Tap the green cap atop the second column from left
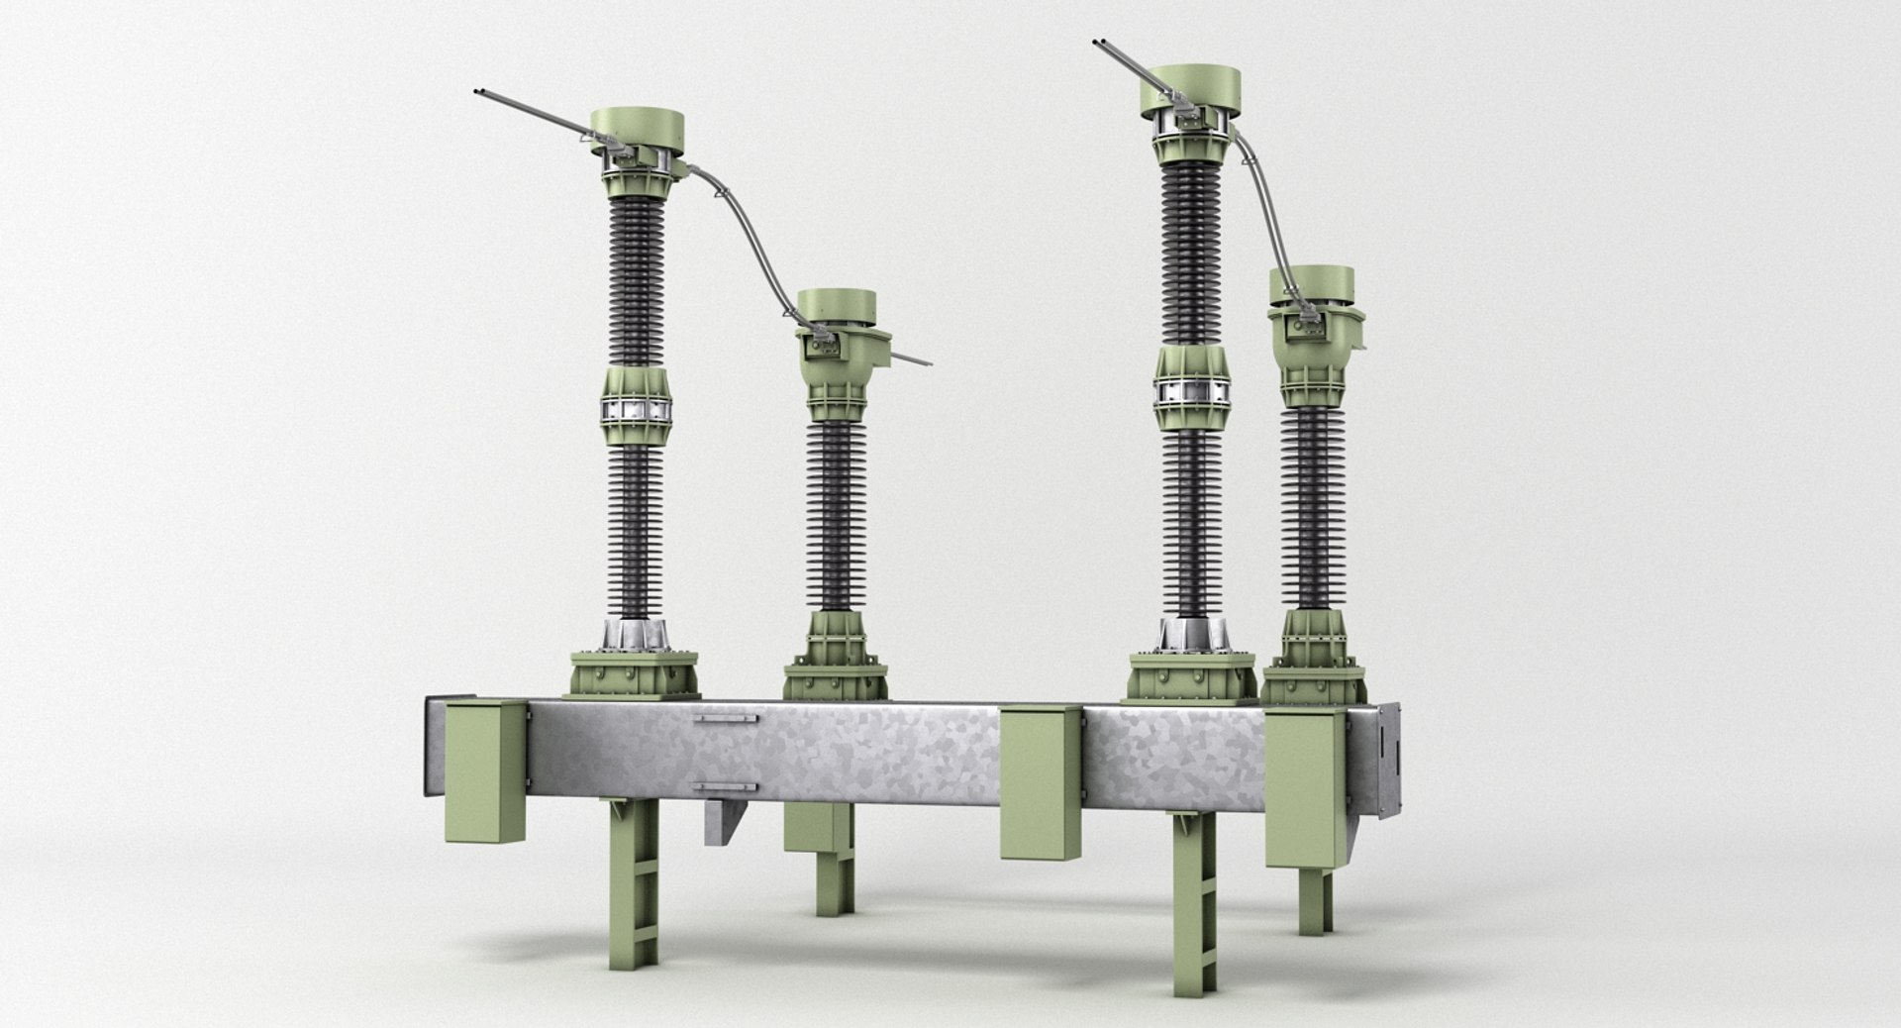pos(837,307)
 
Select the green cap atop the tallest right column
pos(1196,83)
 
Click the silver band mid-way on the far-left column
pos(634,409)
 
